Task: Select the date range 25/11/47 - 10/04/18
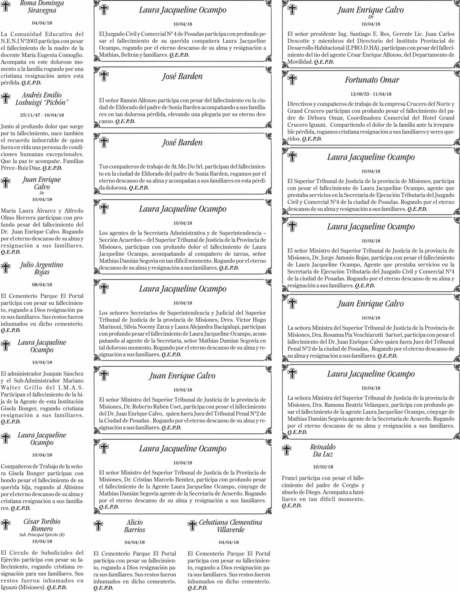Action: coord(42,115)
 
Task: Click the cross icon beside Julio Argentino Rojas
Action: coord(6,268)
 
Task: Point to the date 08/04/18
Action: coord(42,285)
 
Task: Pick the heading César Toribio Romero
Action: coord(42,525)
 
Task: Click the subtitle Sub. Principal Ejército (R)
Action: coord(42,535)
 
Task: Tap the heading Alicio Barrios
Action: coord(134,526)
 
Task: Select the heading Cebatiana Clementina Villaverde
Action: coord(230,526)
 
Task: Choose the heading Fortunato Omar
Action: coord(372,80)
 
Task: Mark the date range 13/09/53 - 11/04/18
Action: coord(372,94)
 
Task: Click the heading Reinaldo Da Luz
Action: coord(323,450)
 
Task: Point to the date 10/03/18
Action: coord(323,467)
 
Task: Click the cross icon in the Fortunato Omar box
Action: coord(292,80)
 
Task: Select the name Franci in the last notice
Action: coord(289,478)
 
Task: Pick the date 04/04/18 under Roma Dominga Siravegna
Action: coord(42,22)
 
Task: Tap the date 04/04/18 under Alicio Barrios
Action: coord(134,542)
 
